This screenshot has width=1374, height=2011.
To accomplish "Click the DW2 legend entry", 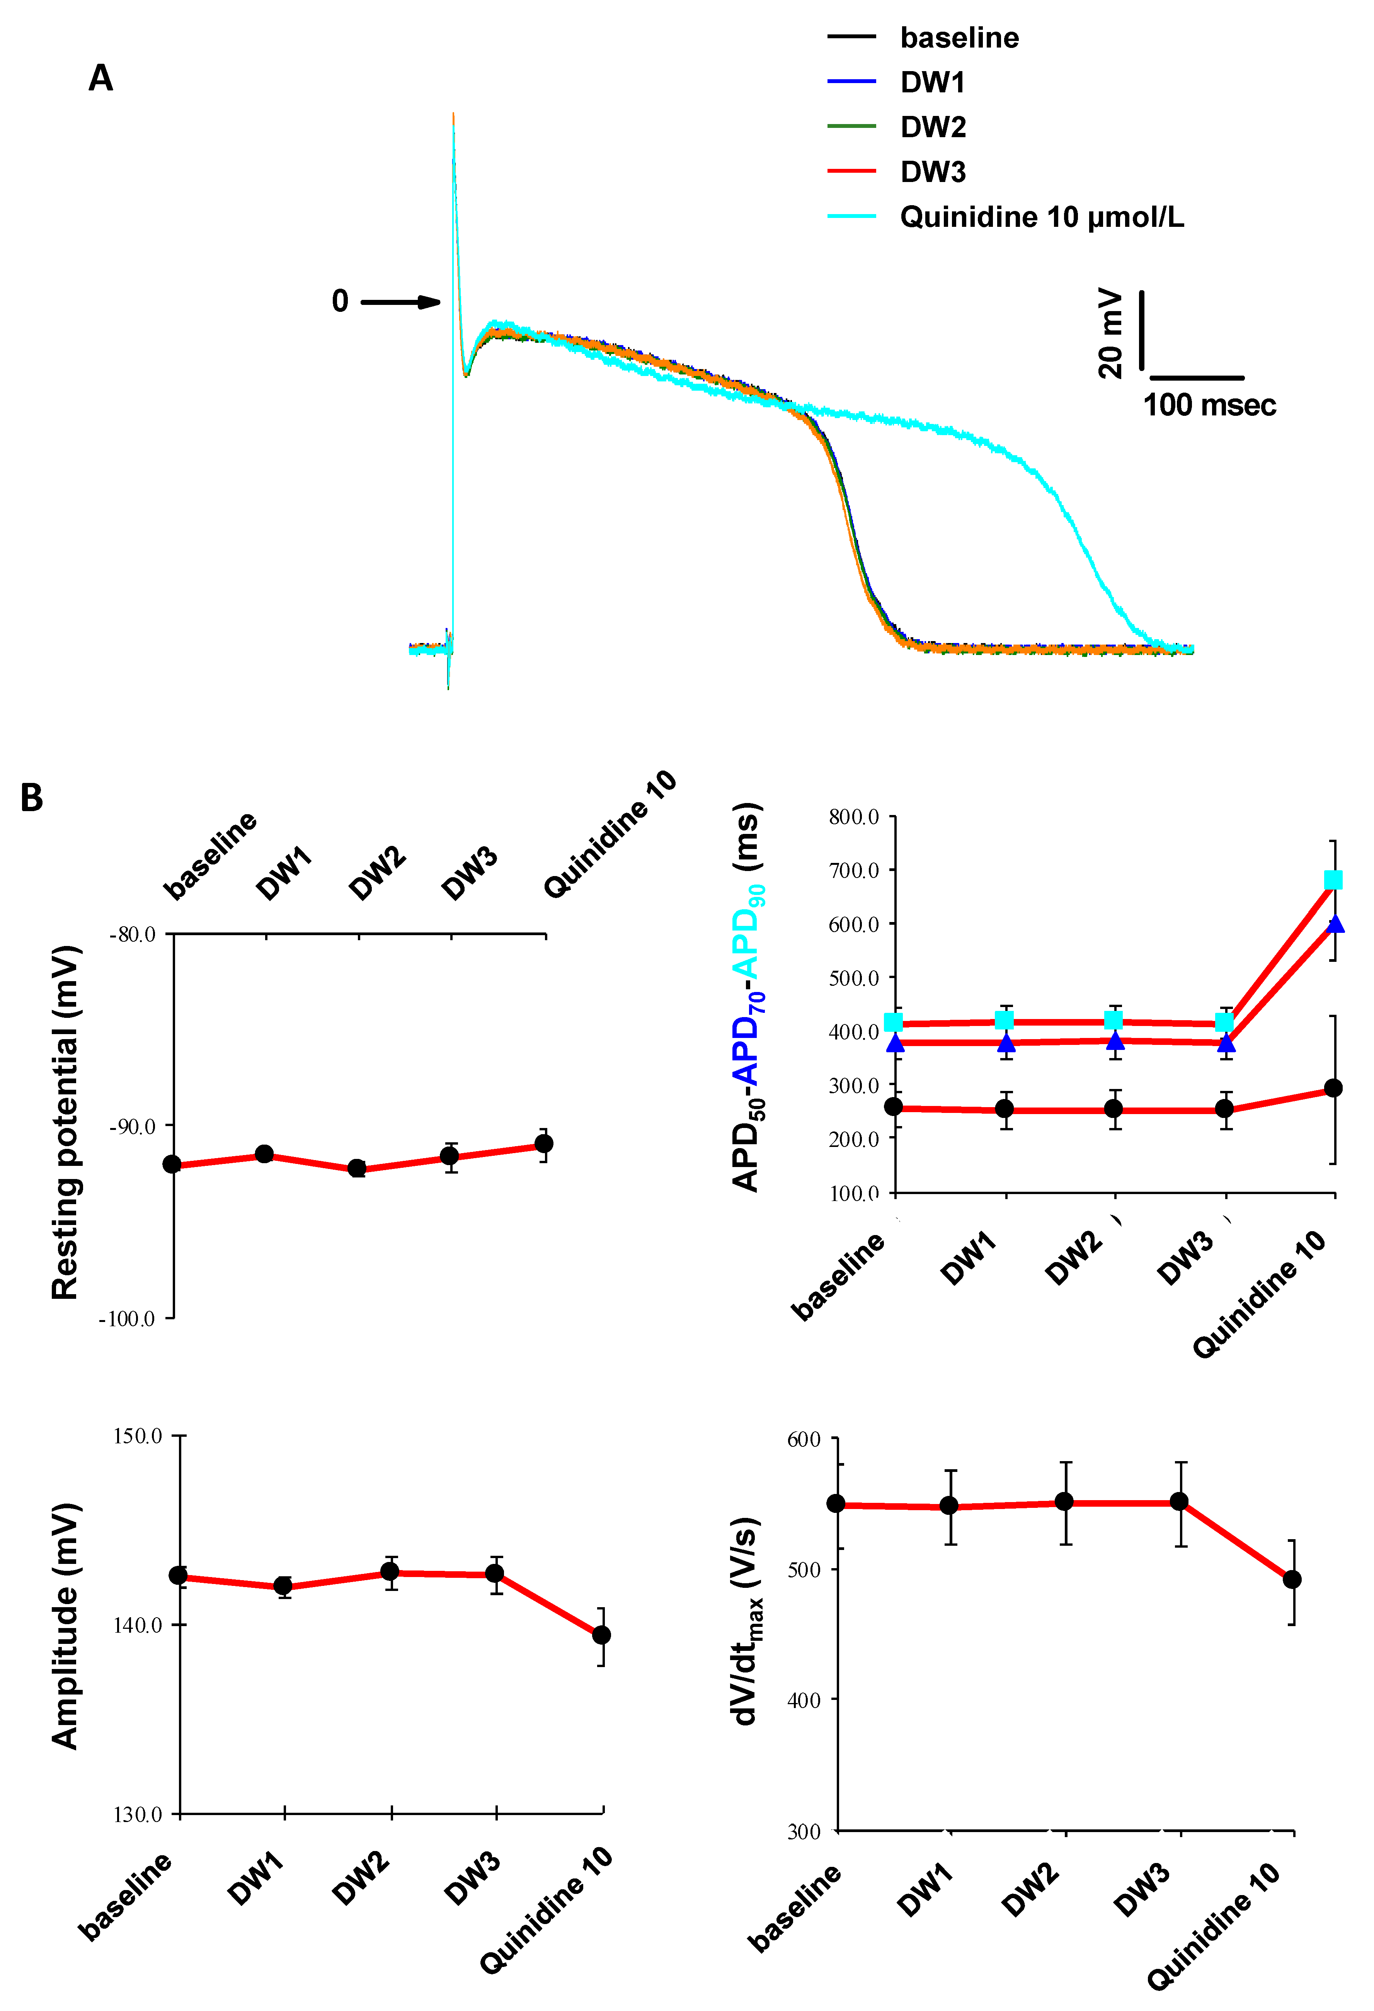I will coord(933,127).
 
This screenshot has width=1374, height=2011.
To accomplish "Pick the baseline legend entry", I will coord(959,38).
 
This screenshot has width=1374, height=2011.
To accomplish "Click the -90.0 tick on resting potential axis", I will coord(133,1126).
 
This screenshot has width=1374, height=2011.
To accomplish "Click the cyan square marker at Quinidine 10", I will coord(1333,880).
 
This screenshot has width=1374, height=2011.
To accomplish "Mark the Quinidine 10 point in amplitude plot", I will coord(601,1635).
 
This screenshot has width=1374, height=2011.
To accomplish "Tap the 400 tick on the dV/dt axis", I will coord(804,1700).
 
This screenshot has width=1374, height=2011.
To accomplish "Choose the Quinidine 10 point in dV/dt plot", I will coord(1292,1579).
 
